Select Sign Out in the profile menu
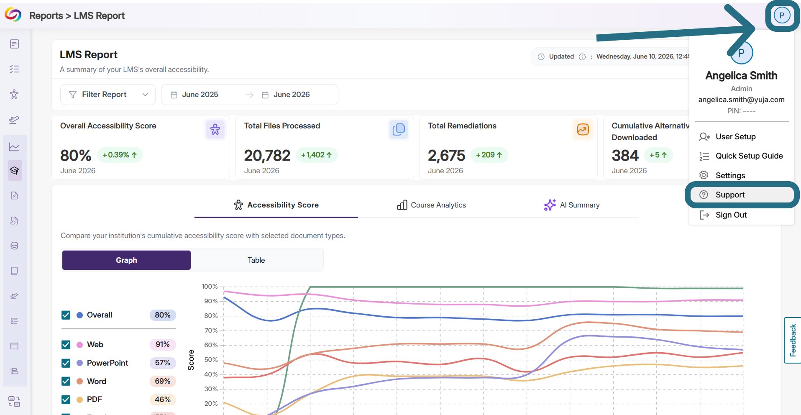pyautogui.click(x=731, y=215)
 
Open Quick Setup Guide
pyautogui.click(x=749, y=156)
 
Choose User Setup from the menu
pyautogui.click(x=735, y=137)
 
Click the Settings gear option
pyautogui.click(x=730, y=175)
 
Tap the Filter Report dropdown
pyautogui.click(x=108, y=95)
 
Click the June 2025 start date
pyautogui.click(x=200, y=95)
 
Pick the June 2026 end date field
pyautogui.click(x=292, y=95)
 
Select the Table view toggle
pyautogui.click(x=256, y=260)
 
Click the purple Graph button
pyautogui.click(x=126, y=260)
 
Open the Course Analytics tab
pyautogui.click(x=431, y=205)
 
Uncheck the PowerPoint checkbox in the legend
pyautogui.click(x=66, y=363)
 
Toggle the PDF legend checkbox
pyautogui.click(x=66, y=400)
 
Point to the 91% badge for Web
pyautogui.click(x=163, y=344)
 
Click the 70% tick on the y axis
pyautogui.click(x=211, y=330)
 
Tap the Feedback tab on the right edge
pyautogui.click(x=793, y=340)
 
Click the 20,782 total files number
pyautogui.click(x=267, y=156)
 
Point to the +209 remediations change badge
pyautogui.click(x=489, y=155)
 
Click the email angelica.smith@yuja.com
pyautogui.click(x=741, y=100)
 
